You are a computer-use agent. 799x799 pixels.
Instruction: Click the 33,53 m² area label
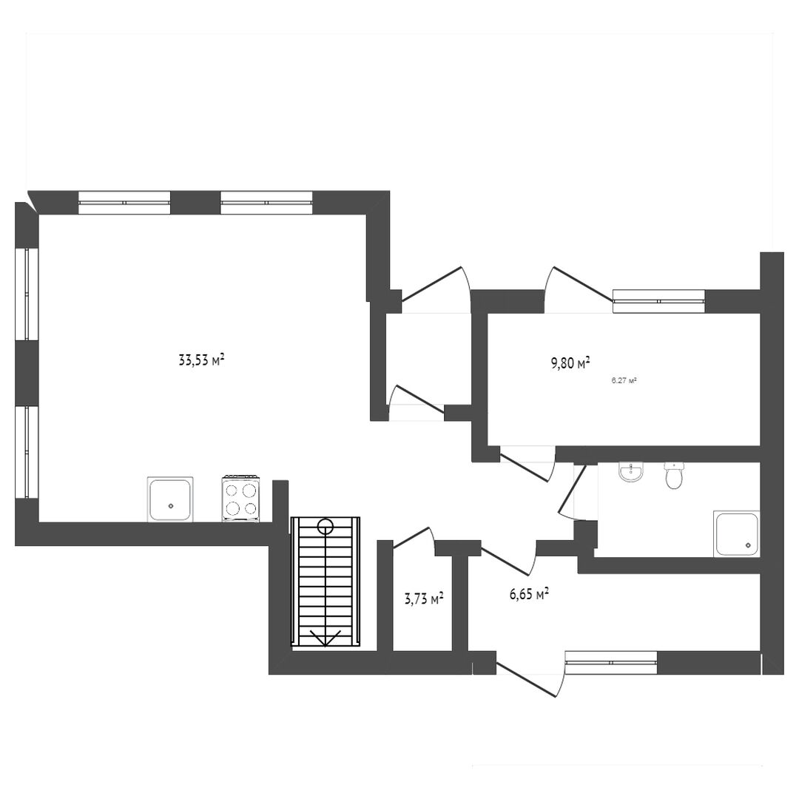click(202, 360)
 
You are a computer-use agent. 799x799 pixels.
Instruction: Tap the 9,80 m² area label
click(570, 363)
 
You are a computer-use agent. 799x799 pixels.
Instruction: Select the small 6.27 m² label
click(624, 380)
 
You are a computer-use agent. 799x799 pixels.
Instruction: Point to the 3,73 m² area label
click(423, 599)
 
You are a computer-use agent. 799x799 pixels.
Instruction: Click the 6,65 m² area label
click(529, 593)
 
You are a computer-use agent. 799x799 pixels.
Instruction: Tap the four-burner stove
click(240, 499)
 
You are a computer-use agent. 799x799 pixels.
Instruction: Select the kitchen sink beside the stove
click(171, 499)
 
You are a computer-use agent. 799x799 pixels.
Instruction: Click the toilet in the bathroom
click(674, 476)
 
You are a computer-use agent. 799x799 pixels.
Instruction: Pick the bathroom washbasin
click(631, 472)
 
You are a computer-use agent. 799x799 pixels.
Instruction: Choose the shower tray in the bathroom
click(736, 534)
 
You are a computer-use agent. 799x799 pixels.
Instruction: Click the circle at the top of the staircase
click(325, 525)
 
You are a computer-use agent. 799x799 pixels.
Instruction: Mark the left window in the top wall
click(124, 202)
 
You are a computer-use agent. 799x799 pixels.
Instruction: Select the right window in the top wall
click(266, 202)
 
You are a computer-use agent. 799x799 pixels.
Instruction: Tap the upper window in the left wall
click(27, 294)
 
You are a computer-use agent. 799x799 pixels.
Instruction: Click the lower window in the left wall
click(27, 451)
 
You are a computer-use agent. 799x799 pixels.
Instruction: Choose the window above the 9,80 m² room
click(659, 300)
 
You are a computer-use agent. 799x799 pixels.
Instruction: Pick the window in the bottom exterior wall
click(612, 662)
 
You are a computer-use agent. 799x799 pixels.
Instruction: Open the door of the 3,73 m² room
click(413, 538)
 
